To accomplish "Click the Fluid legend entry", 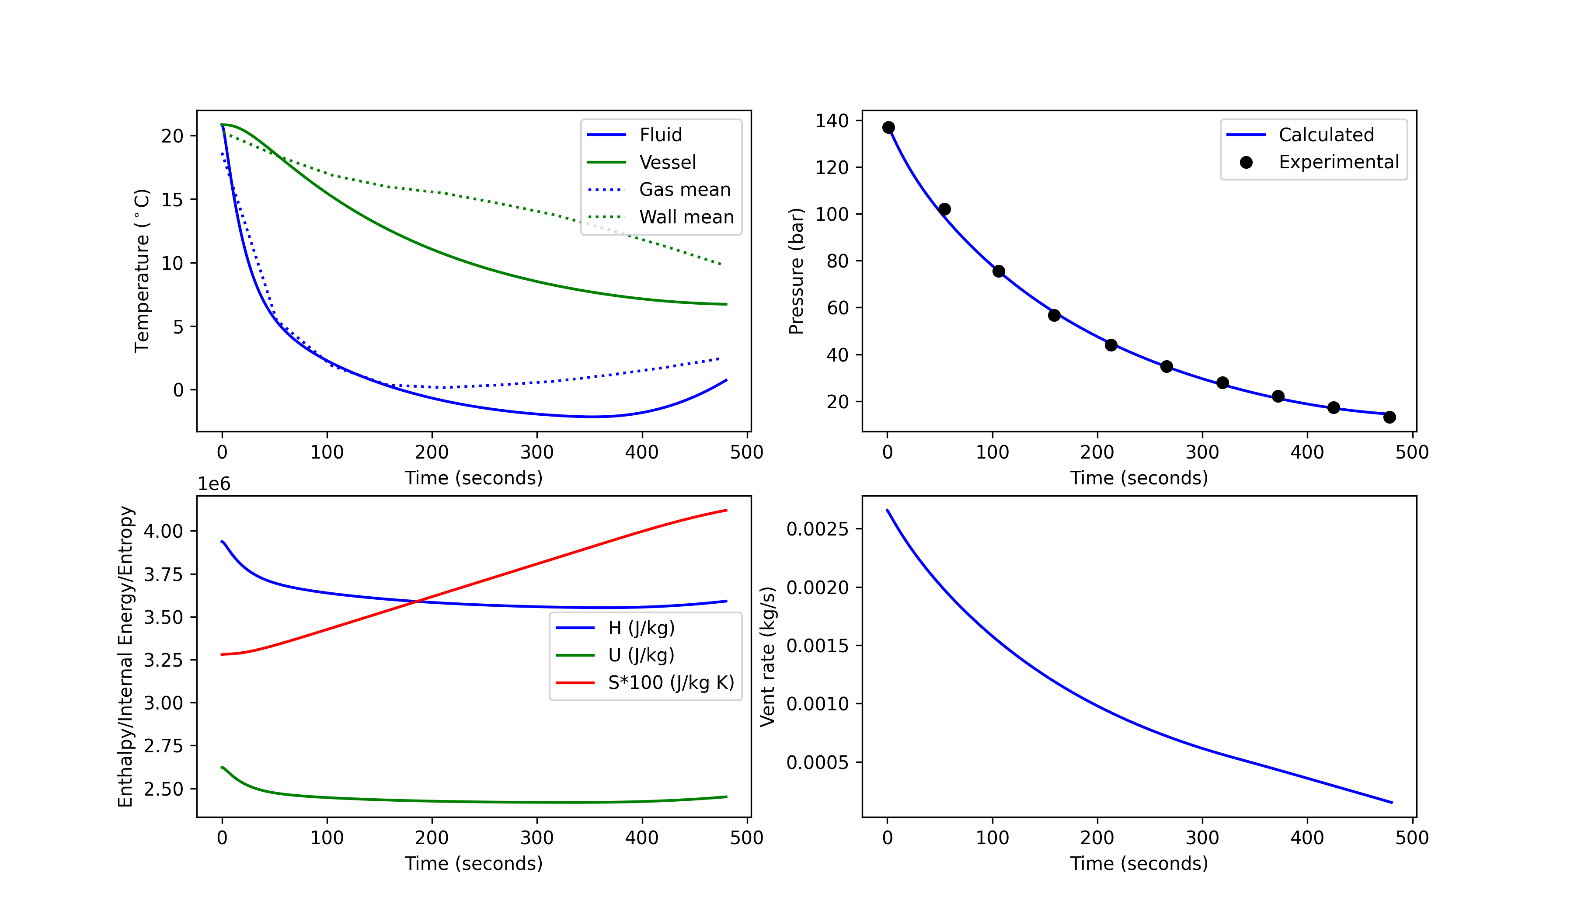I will point(660,135).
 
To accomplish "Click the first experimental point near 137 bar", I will point(888,127).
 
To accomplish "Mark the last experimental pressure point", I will point(1389,417).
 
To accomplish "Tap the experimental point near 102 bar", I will point(944,209).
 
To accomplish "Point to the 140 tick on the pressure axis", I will point(831,121).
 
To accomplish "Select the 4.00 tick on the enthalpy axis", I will point(163,532).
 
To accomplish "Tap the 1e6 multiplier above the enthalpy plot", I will point(214,484).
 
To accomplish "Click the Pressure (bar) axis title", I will point(796,271).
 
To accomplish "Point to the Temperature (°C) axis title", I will point(142,271).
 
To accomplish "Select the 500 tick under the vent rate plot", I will point(1412,838).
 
